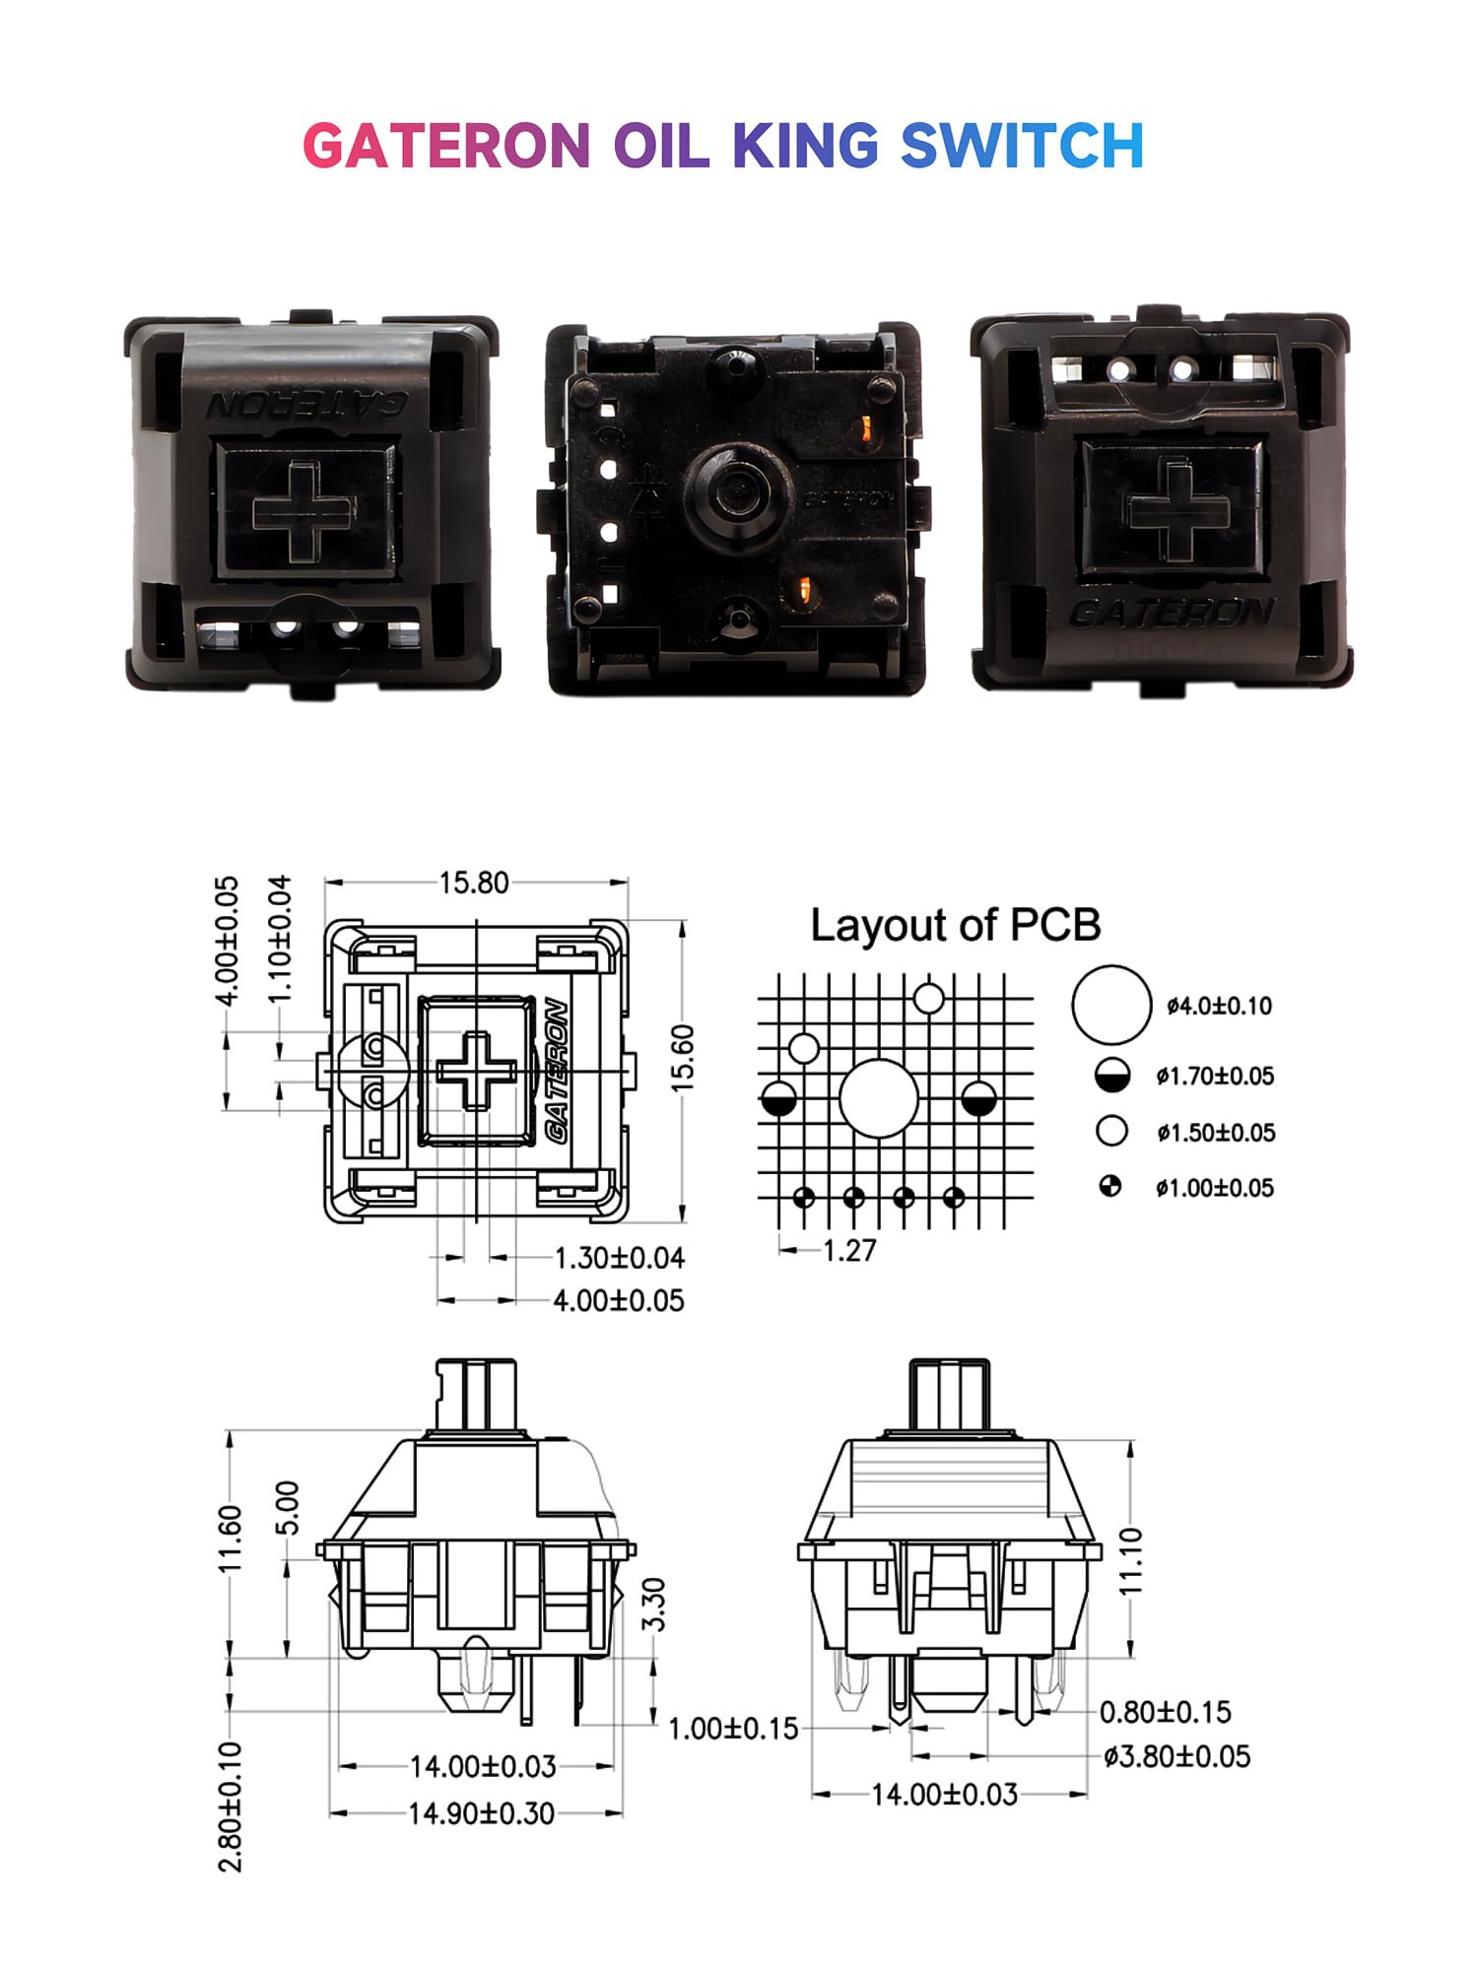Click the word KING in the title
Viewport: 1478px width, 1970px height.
tap(805, 147)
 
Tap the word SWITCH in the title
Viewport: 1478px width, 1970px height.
tap(1022, 147)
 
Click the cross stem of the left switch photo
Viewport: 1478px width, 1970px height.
tap(303, 511)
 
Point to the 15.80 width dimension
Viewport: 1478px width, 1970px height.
tap(474, 883)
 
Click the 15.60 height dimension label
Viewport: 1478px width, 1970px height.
tap(683, 1057)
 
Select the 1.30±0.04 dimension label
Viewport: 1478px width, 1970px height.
tap(619, 1258)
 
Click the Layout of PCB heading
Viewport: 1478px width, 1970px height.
tap(955, 925)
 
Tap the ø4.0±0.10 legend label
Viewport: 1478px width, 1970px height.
tap(1219, 1006)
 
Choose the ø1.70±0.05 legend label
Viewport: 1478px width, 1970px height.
tap(1215, 1076)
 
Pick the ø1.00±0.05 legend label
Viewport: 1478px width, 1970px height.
tap(1215, 1188)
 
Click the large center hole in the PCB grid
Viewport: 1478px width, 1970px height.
tap(878, 1099)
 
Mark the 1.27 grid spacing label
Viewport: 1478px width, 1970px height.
tap(848, 1251)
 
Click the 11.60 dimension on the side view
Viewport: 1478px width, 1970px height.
tap(229, 1541)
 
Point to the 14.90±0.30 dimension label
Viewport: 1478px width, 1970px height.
tap(481, 1813)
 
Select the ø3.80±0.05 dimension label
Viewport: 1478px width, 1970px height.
tap(1176, 1756)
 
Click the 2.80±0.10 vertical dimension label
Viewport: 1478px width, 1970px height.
tap(229, 1806)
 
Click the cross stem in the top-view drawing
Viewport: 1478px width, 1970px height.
tap(476, 1071)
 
